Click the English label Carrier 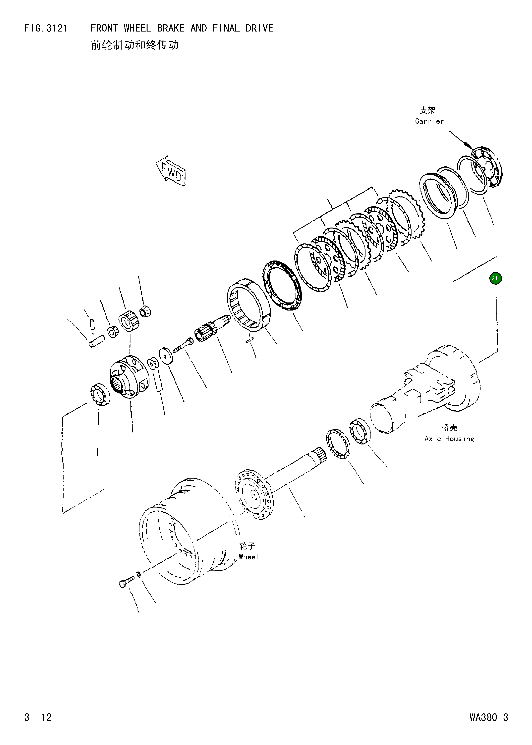point(429,121)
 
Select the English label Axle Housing point(449,439)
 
